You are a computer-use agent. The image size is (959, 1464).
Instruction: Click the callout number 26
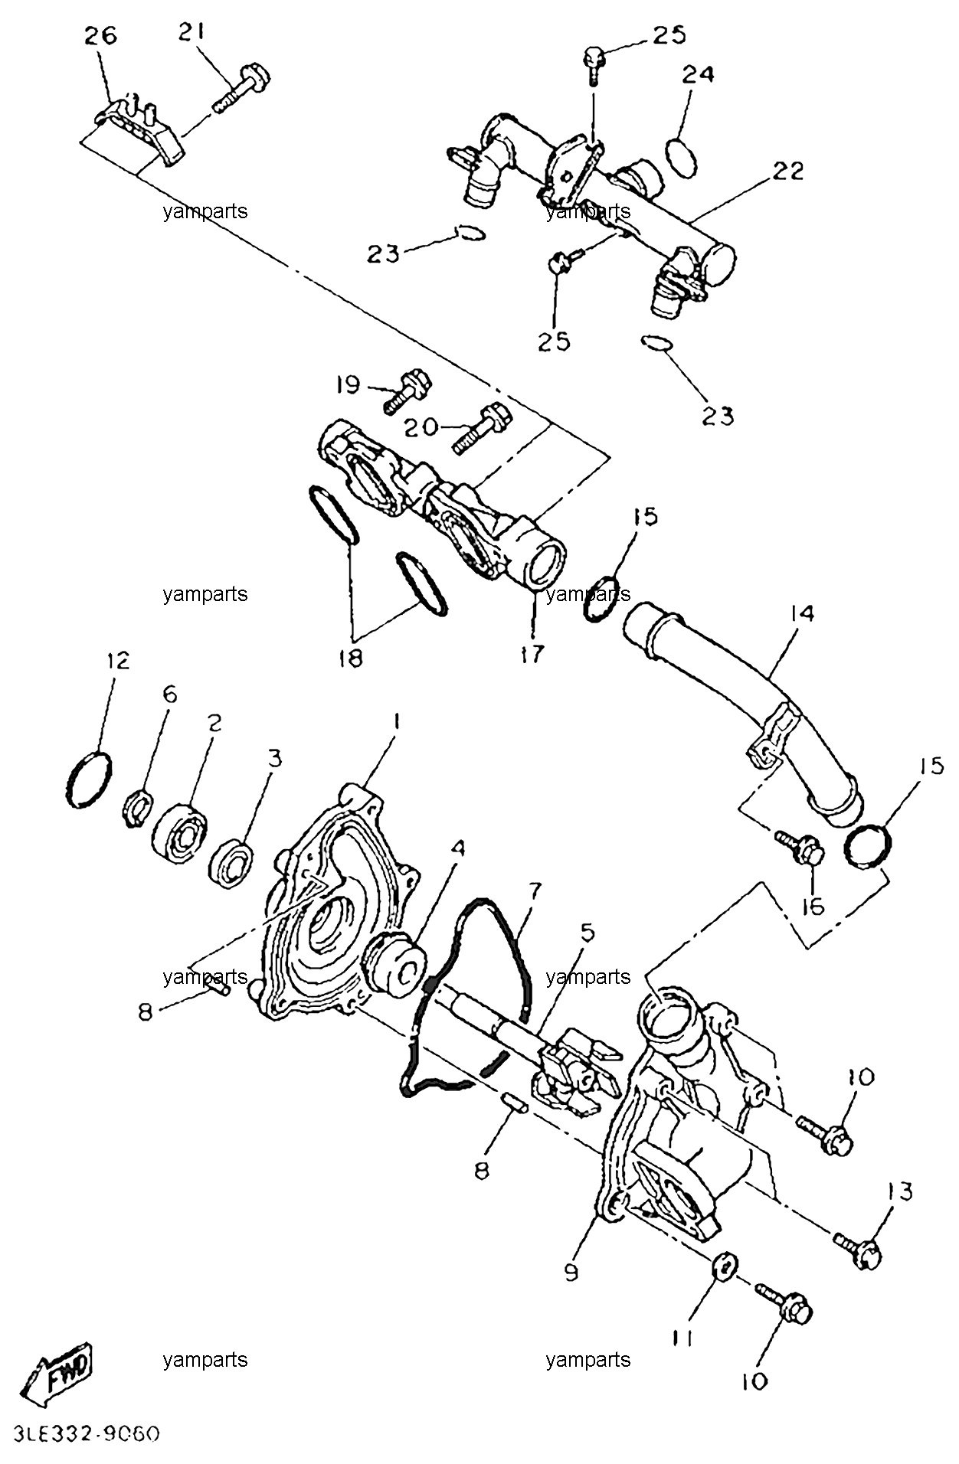tap(100, 36)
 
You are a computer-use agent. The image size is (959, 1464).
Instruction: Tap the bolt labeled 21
tap(242, 88)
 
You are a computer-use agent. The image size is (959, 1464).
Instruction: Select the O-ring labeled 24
tap(682, 156)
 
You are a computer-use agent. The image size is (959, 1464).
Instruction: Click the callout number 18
tap(350, 658)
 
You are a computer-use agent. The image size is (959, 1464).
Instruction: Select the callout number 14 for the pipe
tap(802, 613)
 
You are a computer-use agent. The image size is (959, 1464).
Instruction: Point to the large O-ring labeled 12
tap(90, 779)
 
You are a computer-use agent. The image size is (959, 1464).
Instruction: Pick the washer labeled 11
tap(724, 1267)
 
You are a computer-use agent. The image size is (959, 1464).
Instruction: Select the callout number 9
tap(571, 1272)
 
